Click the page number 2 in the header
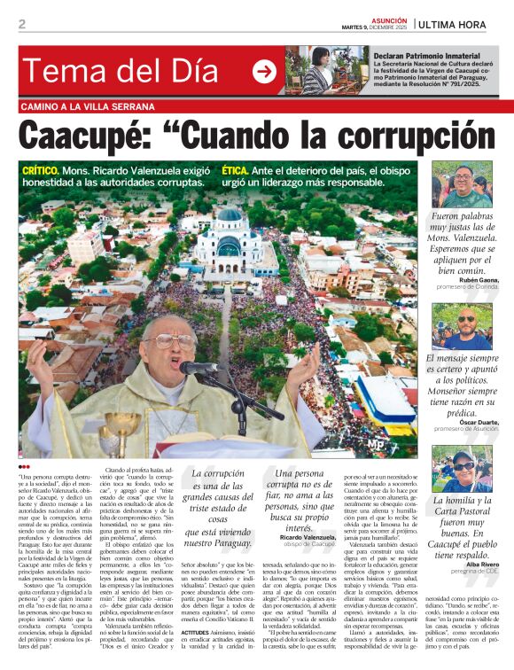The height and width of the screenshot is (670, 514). point(22,24)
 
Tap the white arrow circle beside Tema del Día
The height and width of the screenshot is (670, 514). point(264,72)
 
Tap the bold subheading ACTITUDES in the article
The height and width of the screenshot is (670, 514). point(194,632)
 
